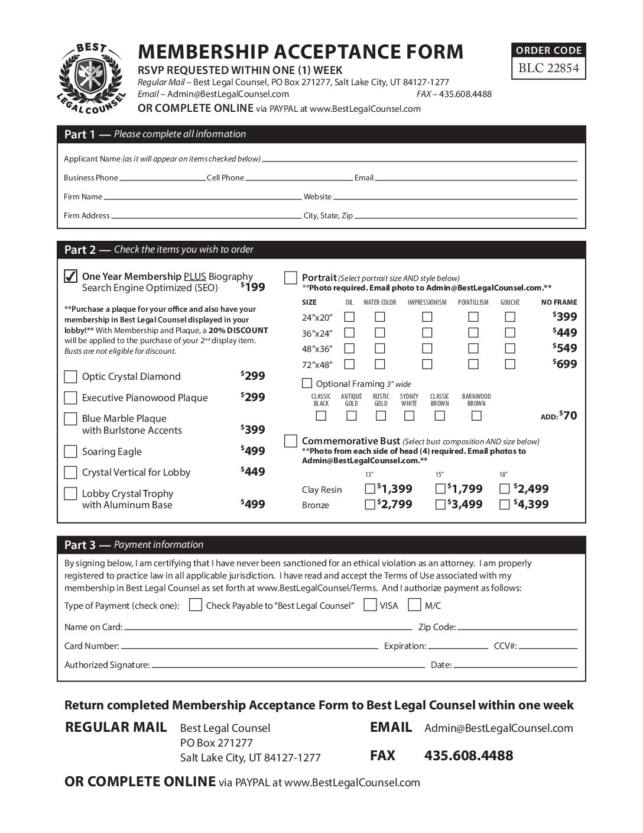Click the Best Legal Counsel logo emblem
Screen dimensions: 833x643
(92, 78)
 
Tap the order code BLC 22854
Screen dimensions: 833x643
(548, 69)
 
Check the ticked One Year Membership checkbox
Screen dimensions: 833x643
(70, 276)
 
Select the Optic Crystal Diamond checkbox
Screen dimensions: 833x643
(70, 377)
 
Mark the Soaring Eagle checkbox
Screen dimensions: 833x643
(70, 452)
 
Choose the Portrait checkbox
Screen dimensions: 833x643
(291, 278)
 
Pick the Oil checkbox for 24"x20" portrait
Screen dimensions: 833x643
(350, 317)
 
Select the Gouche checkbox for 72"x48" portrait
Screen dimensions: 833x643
(510, 364)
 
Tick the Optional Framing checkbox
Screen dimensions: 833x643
(307, 383)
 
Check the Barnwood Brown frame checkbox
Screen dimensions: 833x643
(476, 416)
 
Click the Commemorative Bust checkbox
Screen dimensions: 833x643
(291, 441)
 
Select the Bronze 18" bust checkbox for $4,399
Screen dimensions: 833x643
(505, 505)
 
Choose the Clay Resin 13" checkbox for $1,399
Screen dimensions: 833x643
(370, 489)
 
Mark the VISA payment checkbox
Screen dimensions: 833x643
(371, 605)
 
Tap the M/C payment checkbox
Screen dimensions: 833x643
(415, 605)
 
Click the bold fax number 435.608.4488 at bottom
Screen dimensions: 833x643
(469, 755)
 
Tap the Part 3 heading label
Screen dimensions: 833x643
(79, 545)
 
